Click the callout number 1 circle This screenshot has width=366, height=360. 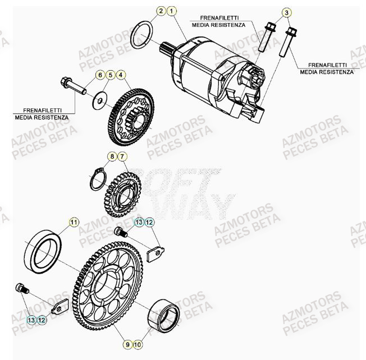click(172, 11)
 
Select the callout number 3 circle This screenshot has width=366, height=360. click(286, 12)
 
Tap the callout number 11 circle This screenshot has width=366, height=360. click(74, 223)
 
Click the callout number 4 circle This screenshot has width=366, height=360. click(122, 75)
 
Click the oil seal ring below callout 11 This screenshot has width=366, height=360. click(45, 251)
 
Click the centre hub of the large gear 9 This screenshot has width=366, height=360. click(106, 286)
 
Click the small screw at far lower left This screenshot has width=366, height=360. click(21, 288)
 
